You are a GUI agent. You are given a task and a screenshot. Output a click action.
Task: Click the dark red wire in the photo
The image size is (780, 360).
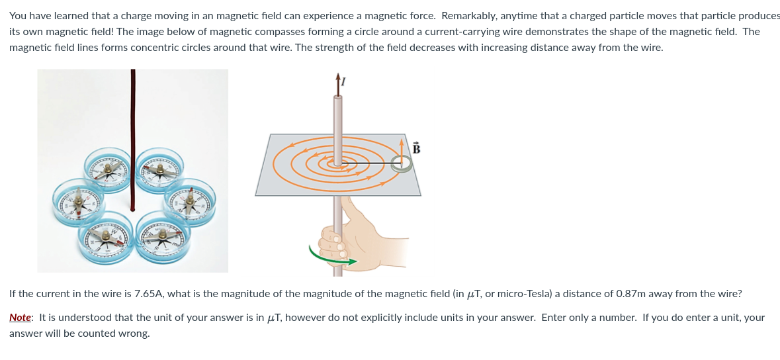[x=132, y=140]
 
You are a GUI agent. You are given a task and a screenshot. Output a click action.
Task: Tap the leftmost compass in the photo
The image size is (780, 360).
[x=77, y=202]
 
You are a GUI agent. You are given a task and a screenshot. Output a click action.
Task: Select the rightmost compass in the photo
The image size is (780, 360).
[x=189, y=202]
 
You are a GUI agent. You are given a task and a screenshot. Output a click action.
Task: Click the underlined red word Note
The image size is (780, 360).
[x=21, y=318]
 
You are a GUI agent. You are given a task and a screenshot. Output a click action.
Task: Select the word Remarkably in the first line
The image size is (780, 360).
[x=468, y=16]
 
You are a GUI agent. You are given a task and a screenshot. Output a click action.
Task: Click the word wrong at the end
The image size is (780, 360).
[x=136, y=334]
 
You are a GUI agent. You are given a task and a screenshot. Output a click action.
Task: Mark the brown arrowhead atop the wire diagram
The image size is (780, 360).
[x=339, y=77]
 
